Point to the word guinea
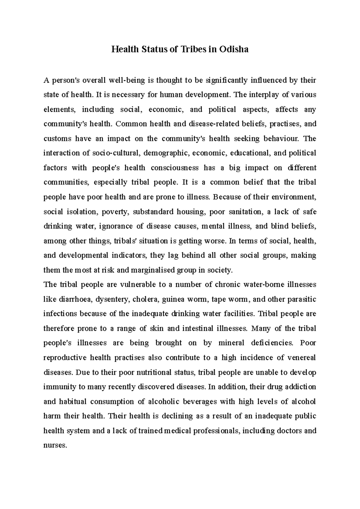click(173, 299)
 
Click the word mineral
click(231, 343)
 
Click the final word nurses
click(54, 445)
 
